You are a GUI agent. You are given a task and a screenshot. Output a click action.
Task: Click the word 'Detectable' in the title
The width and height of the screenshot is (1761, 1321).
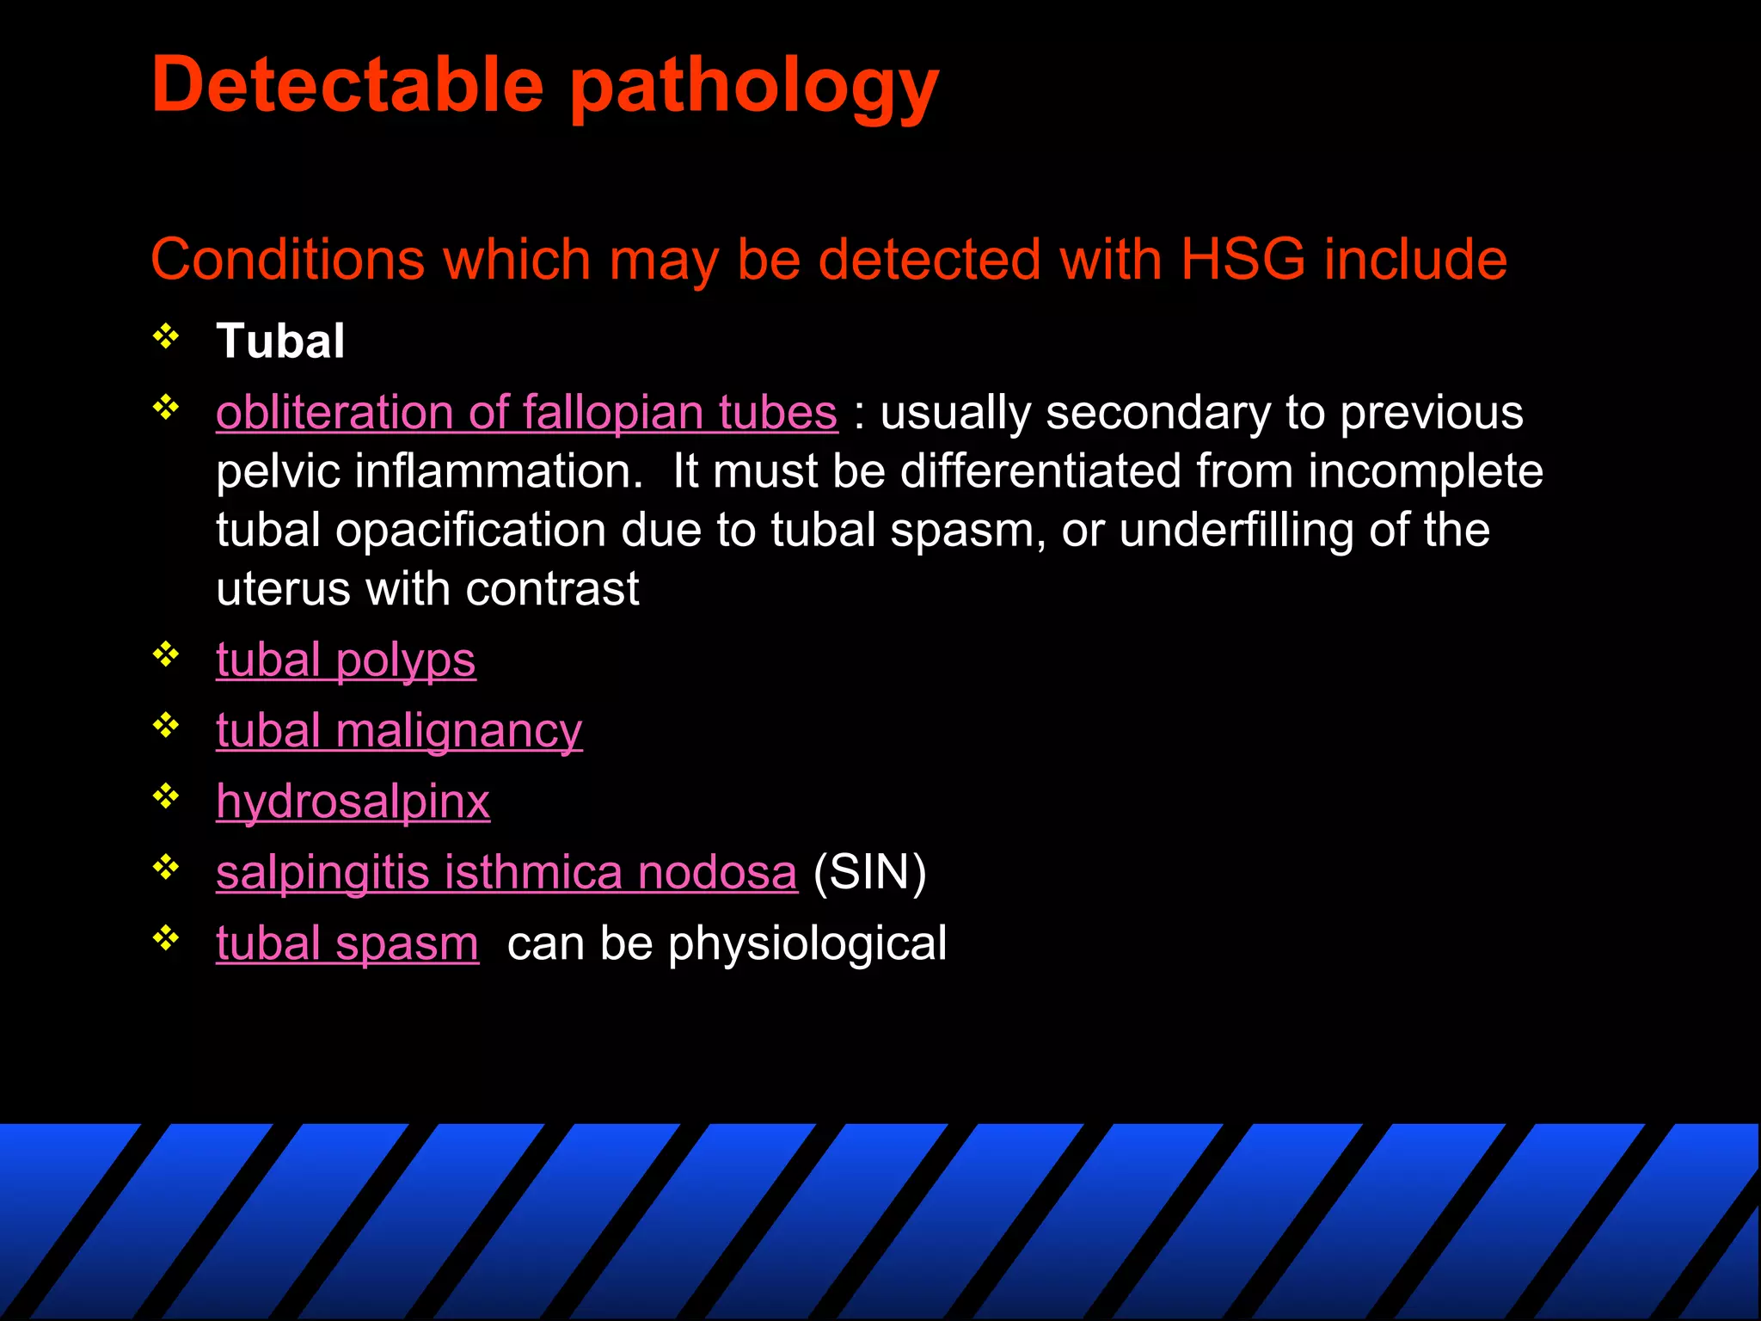click(x=347, y=84)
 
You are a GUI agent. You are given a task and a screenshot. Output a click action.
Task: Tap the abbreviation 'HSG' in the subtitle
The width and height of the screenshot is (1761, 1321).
click(x=1243, y=259)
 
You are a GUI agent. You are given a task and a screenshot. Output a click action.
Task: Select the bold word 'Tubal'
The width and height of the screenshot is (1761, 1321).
click(x=280, y=341)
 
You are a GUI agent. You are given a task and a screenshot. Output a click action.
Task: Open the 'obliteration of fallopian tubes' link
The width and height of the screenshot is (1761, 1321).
click(x=526, y=413)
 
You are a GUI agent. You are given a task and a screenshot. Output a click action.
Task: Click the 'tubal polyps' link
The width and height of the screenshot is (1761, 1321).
click(x=346, y=660)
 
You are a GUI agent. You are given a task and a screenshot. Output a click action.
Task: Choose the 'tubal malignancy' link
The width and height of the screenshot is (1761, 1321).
click(x=399, y=731)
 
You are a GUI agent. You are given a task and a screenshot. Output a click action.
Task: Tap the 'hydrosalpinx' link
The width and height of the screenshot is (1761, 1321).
click(x=353, y=802)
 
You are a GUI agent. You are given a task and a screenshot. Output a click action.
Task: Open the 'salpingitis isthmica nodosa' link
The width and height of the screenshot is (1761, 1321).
click(x=506, y=873)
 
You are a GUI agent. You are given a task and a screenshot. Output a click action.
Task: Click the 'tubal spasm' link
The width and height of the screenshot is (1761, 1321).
click(x=347, y=943)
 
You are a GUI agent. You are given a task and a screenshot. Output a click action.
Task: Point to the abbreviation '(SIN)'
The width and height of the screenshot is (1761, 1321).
click(x=869, y=873)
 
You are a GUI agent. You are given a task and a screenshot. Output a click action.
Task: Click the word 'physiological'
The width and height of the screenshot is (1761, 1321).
click(x=807, y=943)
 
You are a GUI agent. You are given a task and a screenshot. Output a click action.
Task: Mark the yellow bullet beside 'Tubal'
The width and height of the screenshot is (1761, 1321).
click(x=166, y=335)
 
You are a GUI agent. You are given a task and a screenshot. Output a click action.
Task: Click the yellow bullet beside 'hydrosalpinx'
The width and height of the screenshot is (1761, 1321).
click(x=166, y=796)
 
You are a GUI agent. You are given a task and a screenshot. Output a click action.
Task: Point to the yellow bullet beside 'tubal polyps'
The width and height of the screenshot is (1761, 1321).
click(x=166, y=655)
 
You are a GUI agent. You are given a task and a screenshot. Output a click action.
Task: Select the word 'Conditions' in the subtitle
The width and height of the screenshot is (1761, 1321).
click(x=287, y=259)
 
